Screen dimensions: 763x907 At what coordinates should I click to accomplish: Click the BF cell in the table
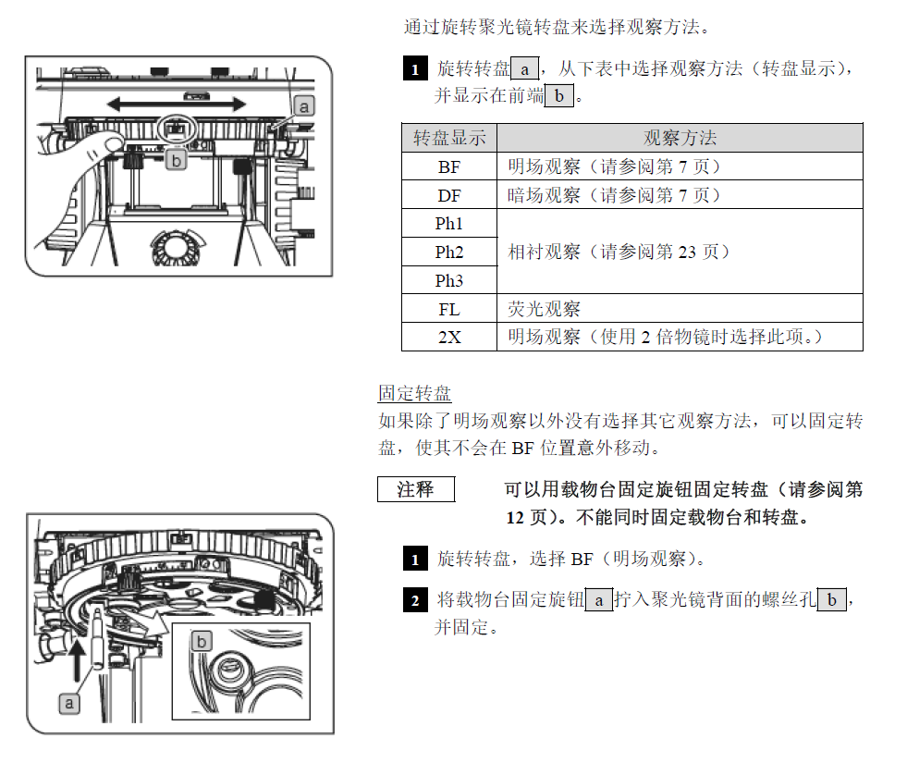449,167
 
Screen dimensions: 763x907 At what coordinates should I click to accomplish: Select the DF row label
449,196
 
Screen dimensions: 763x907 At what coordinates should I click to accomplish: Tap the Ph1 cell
449,224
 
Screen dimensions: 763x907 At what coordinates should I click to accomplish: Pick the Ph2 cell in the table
449,252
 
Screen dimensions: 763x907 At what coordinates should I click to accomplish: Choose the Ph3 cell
449,281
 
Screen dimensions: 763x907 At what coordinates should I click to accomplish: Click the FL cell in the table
449,309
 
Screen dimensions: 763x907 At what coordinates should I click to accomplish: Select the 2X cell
449,338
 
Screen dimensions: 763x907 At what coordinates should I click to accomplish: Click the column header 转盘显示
449,139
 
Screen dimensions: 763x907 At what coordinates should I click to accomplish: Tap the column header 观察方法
680,139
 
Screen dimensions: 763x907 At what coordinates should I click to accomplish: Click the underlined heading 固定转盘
415,393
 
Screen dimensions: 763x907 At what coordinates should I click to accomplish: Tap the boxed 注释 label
415,489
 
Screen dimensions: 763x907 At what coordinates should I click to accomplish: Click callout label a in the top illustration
305,106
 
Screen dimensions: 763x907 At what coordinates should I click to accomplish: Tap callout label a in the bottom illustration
69,704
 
